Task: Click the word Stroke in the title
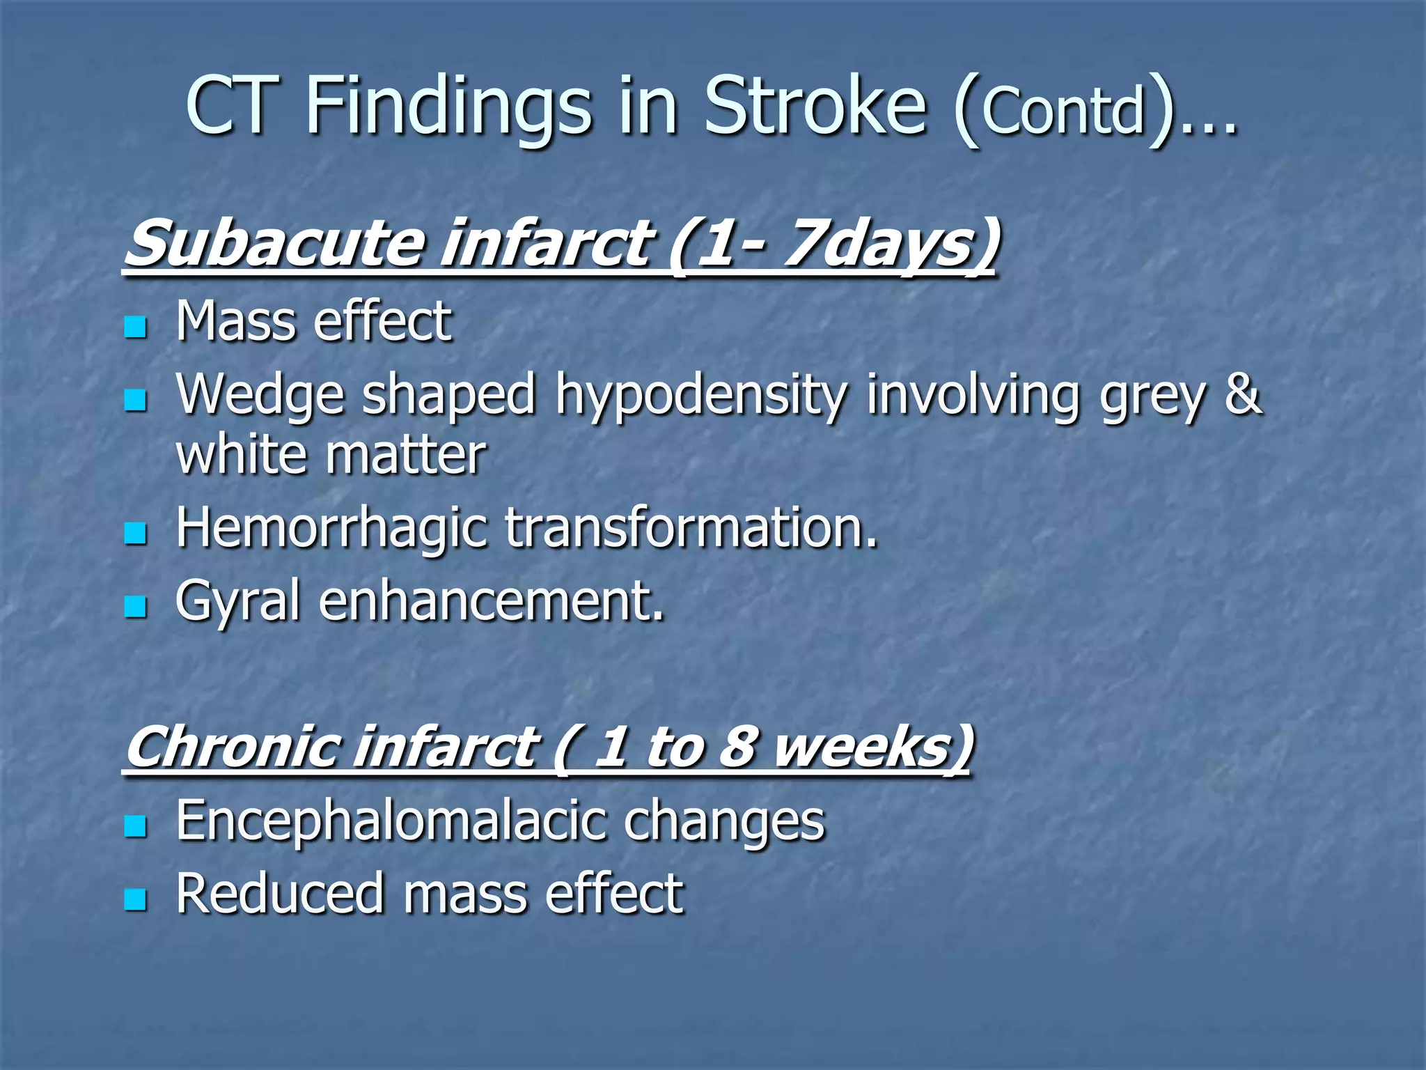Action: pyautogui.click(x=815, y=106)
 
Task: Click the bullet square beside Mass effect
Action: pyautogui.click(x=135, y=326)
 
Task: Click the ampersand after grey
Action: pyautogui.click(x=1242, y=393)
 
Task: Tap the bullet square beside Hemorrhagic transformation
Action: pyautogui.click(x=135, y=534)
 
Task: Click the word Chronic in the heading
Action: pyautogui.click(x=230, y=747)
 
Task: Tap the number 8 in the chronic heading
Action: pyautogui.click(x=738, y=747)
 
